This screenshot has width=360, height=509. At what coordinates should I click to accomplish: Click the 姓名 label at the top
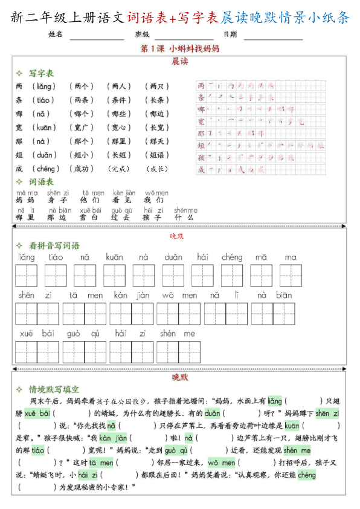pos(56,34)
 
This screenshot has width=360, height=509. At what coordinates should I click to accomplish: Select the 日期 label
pos(230,34)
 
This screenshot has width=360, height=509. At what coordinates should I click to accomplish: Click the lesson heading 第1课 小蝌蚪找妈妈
pos(179,48)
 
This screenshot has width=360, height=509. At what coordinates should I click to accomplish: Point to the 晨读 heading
pos(179,61)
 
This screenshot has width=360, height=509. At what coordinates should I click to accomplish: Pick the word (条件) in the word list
pos(118,100)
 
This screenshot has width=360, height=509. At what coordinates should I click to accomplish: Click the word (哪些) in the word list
pos(118,114)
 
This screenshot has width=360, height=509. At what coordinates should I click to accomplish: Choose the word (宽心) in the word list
pos(118,128)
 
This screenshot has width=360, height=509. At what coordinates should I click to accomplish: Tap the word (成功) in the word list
pos(81,169)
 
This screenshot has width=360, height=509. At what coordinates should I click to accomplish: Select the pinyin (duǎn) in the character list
pos(45,155)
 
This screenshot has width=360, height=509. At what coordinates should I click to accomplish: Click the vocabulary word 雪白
pos(88,217)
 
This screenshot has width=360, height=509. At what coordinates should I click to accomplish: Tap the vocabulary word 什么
pos(184,217)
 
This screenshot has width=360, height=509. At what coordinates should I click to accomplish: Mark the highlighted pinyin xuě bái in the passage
pos(37,413)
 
